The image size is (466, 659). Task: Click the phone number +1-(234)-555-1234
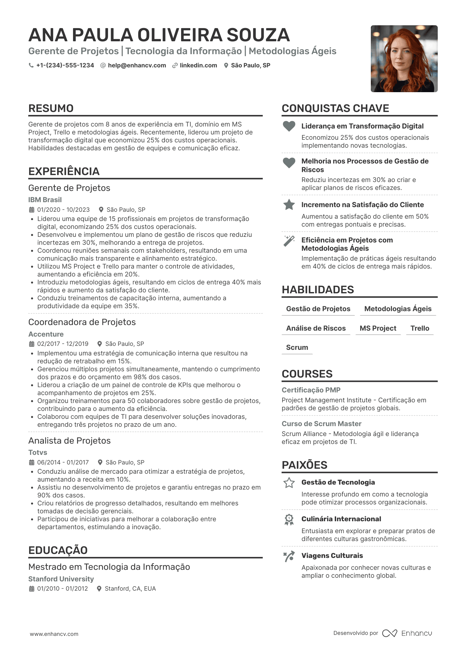point(65,65)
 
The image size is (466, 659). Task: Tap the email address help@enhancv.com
point(137,65)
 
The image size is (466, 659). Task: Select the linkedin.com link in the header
point(198,65)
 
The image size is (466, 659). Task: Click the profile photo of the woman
point(404,59)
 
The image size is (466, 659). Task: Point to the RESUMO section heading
point(51,108)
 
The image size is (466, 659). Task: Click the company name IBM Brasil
point(45,200)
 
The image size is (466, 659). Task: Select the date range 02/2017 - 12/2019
point(63,344)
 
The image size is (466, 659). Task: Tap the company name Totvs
point(38,453)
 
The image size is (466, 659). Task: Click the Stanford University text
point(61,579)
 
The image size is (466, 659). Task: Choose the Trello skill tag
point(420,328)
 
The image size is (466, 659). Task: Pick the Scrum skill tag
point(297,348)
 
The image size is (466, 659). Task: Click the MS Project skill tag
point(378,328)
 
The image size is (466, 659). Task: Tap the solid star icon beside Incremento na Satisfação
point(289,205)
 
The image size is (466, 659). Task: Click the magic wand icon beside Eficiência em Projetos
point(289,241)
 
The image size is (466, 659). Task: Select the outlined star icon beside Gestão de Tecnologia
point(289,483)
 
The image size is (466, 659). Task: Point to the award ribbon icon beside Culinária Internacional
point(289,520)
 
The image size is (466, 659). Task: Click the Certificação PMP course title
point(311,390)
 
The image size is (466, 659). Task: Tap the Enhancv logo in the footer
point(407,633)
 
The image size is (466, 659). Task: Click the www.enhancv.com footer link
point(54,634)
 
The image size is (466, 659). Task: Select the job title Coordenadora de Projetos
point(82,322)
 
